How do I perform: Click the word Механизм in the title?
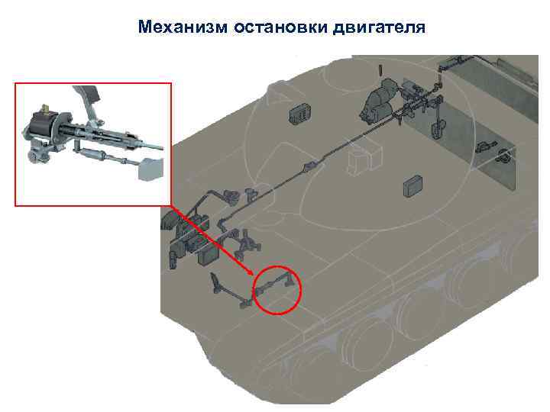(183, 27)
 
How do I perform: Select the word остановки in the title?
(280, 27)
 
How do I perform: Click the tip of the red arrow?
(254, 275)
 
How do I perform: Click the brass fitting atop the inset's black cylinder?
(45, 108)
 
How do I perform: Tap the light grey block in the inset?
(150, 169)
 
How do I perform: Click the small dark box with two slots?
(300, 113)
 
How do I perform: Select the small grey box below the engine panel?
(412, 185)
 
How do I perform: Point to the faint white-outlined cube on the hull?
(364, 159)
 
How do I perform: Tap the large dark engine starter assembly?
(378, 101)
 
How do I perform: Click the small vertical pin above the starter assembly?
(380, 69)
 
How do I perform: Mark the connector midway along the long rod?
(309, 166)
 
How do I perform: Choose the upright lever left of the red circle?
(215, 283)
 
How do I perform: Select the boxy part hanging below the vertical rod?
(436, 129)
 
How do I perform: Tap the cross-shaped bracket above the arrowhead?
(247, 243)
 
